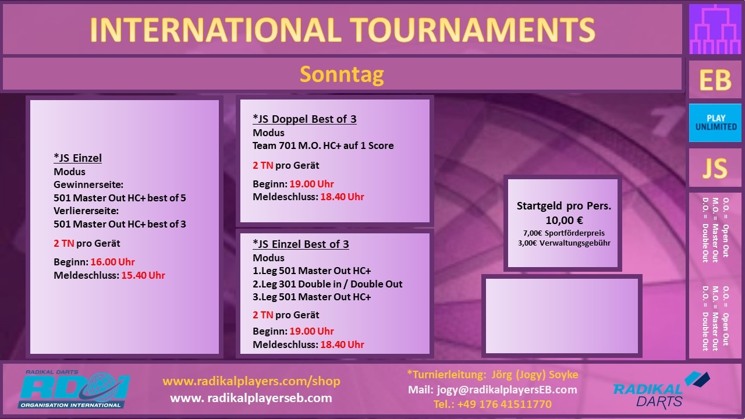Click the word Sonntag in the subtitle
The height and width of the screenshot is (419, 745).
(342, 75)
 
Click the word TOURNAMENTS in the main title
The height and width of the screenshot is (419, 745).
(472, 30)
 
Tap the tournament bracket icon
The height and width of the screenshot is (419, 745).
(715, 29)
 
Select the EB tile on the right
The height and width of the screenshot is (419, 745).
(715, 80)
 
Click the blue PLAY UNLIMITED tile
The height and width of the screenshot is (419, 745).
(715, 123)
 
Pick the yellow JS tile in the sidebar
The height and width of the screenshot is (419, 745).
(715, 168)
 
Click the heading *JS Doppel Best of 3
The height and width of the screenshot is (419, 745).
(304, 119)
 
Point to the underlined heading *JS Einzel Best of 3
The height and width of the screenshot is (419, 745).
(301, 244)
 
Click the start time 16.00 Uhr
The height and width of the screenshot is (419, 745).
(112, 262)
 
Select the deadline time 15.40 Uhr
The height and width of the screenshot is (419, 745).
(143, 275)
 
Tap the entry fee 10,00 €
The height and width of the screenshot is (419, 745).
(564, 220)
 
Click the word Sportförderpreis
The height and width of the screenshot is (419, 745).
(574, 233)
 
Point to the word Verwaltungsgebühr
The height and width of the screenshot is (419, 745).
(574, 243)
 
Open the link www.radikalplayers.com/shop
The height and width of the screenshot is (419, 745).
(251, 381)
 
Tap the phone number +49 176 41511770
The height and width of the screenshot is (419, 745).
(504, 404)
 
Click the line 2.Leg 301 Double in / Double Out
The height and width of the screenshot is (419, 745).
(327, 284)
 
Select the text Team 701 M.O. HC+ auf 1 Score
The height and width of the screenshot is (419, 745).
(323, 145)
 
